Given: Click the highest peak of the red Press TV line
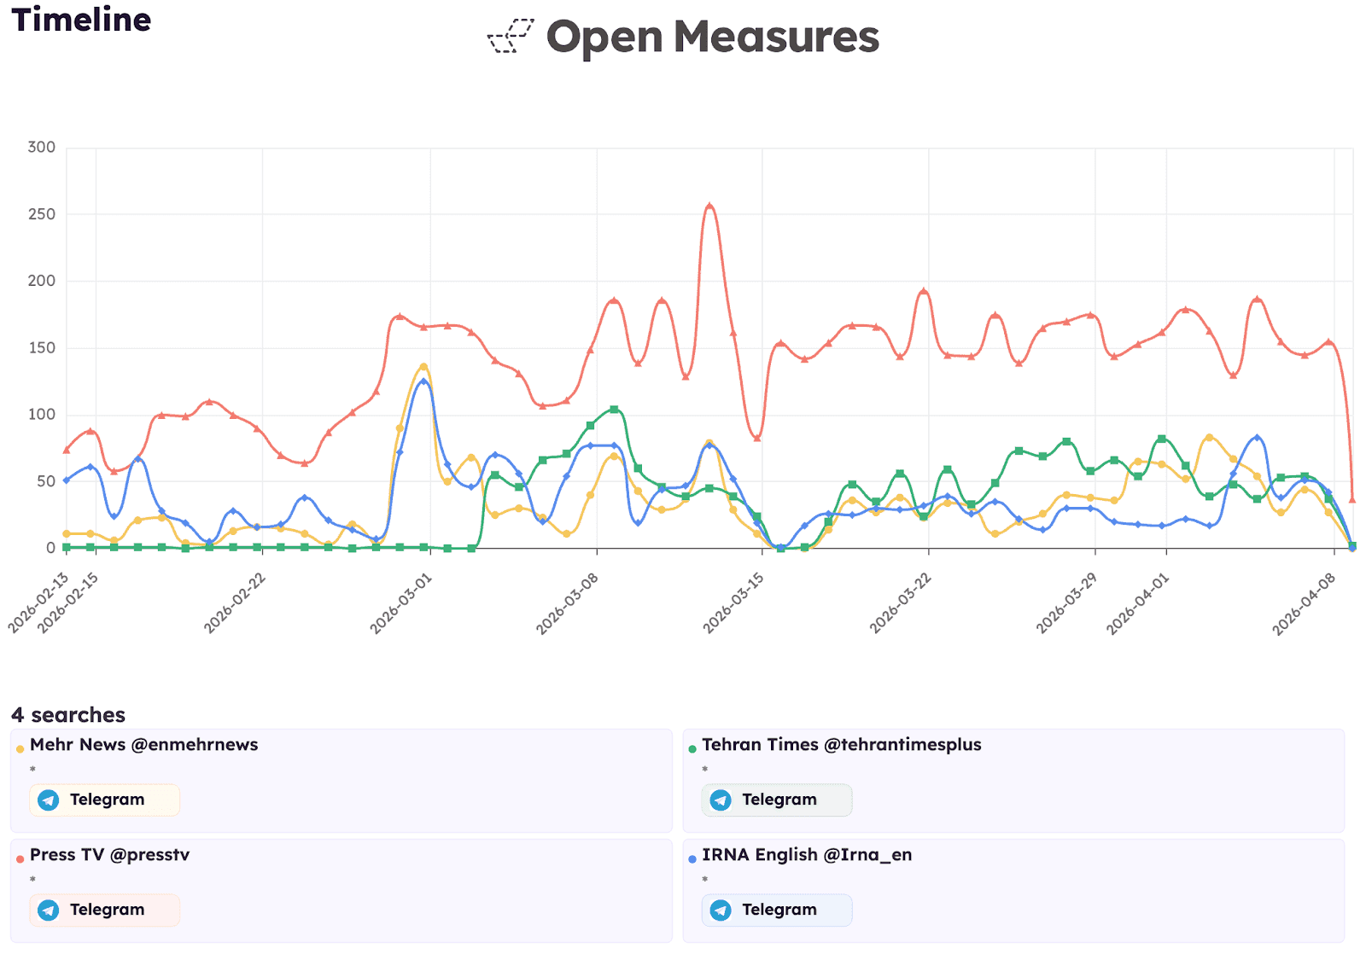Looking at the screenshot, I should (x=709, y=206).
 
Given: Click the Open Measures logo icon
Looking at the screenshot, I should (x=511, y=37).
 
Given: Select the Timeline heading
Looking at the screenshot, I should (x=81, y=20).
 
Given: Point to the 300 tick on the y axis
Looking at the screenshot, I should (x=41, y=147).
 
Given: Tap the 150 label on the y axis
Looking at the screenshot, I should (x=41, y=347).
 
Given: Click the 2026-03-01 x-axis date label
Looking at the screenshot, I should (x=401, y=603).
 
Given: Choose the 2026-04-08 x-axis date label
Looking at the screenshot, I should (x=1304, y=603).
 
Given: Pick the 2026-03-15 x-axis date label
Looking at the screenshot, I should (x=733, y=603).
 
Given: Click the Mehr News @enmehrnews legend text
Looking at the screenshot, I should (x=143, y=744).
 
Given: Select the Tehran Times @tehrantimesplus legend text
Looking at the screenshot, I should (x=841, y=744).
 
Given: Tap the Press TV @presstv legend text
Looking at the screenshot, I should (x=109, y=854).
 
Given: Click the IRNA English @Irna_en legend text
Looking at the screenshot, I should (x=806, y=854).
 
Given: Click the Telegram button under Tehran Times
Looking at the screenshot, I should (x=776, y=800).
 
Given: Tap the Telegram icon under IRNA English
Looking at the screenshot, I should (x=721, y=910).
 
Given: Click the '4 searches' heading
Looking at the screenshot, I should (x=68, y=714).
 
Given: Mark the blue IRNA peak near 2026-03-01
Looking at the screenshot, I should (x=423, y=381).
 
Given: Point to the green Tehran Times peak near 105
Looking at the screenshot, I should (x=614, y=410).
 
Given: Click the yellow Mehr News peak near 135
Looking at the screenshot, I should (x=423, y=366).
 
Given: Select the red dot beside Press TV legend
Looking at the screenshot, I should (x=20, y=859).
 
